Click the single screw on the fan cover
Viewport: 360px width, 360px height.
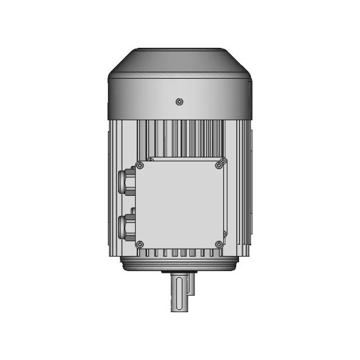point(179,102)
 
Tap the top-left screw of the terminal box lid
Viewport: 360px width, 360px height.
point(140,165)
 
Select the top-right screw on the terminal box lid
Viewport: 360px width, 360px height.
point(219,165)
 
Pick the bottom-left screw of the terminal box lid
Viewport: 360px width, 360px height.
point(140,244)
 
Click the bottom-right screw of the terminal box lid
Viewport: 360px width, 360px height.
point(219,244)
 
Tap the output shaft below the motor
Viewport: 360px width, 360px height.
point(179,295)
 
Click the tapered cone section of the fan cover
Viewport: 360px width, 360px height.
point(179,60)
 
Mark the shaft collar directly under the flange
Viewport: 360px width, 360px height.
point(179,273)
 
